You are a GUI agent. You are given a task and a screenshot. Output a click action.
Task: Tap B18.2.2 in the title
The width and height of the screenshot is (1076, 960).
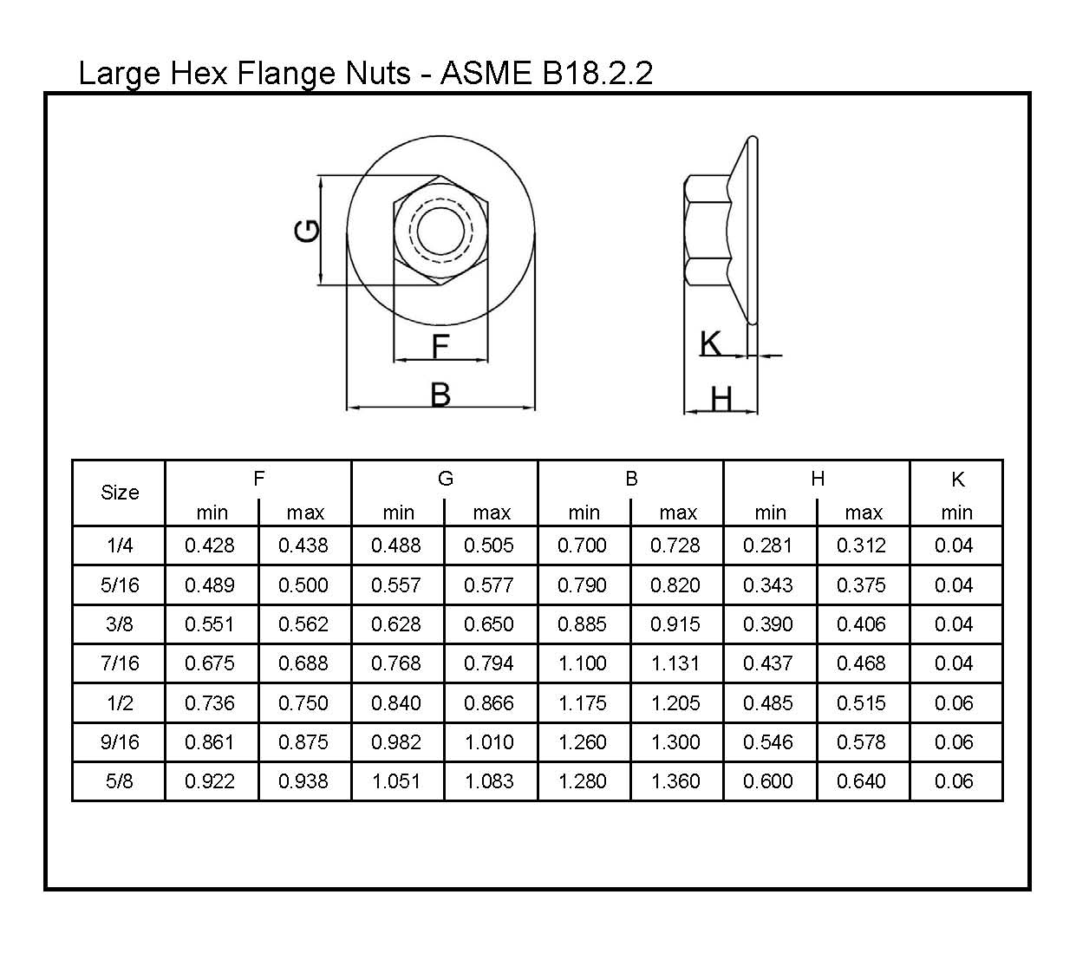pos(597,73)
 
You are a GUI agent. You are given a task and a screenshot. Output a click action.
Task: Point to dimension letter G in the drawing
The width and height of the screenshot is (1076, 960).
pos(308,231)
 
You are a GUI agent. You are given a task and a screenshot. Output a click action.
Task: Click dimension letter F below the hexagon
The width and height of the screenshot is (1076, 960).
pos(440,347)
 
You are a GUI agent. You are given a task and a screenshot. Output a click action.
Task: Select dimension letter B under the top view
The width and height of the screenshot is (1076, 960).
pos(440,395)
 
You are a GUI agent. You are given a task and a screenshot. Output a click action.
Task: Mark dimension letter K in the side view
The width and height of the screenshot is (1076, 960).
pos(710,343)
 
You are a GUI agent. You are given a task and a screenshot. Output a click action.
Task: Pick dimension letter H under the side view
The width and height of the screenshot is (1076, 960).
pos(721,399)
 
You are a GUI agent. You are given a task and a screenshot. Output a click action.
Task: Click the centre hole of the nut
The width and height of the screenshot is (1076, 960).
pos(440,231)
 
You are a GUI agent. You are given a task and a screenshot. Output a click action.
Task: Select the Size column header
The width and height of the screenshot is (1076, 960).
pos(120,493)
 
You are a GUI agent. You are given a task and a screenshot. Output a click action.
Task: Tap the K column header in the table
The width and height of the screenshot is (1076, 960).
pos(957,480)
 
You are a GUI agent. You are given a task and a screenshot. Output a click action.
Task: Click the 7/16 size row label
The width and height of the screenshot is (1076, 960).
pos(120,663)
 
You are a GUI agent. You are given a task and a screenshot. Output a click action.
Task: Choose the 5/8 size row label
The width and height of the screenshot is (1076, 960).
pos(120,781)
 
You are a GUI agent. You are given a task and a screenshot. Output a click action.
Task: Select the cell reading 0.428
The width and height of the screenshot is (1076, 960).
pos(210,545)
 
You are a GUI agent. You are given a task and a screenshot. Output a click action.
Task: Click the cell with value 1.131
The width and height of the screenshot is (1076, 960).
pos(675,663)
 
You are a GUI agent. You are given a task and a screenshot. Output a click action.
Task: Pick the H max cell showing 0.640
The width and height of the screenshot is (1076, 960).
pos(862,781)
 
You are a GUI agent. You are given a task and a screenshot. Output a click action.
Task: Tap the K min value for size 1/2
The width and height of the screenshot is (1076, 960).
pos(954,703)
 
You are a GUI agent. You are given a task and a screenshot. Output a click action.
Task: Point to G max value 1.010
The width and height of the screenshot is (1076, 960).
pos(489,742)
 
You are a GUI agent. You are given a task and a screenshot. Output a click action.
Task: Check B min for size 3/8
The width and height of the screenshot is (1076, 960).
pos(583,624)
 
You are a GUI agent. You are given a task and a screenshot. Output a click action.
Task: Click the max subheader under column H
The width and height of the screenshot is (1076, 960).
pos(864,513)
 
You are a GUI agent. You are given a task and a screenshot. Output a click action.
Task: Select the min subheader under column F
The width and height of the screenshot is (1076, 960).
pos(212,513)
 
